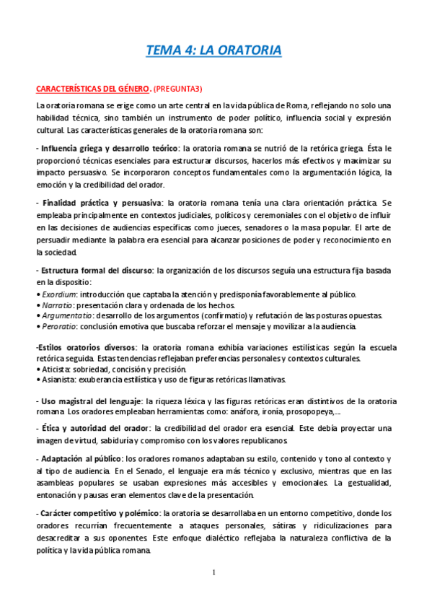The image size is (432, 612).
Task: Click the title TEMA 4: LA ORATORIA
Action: coord(213,51)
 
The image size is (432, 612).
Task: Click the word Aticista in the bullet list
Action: coord(55,369)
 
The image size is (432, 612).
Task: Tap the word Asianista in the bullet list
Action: coord(58,380)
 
